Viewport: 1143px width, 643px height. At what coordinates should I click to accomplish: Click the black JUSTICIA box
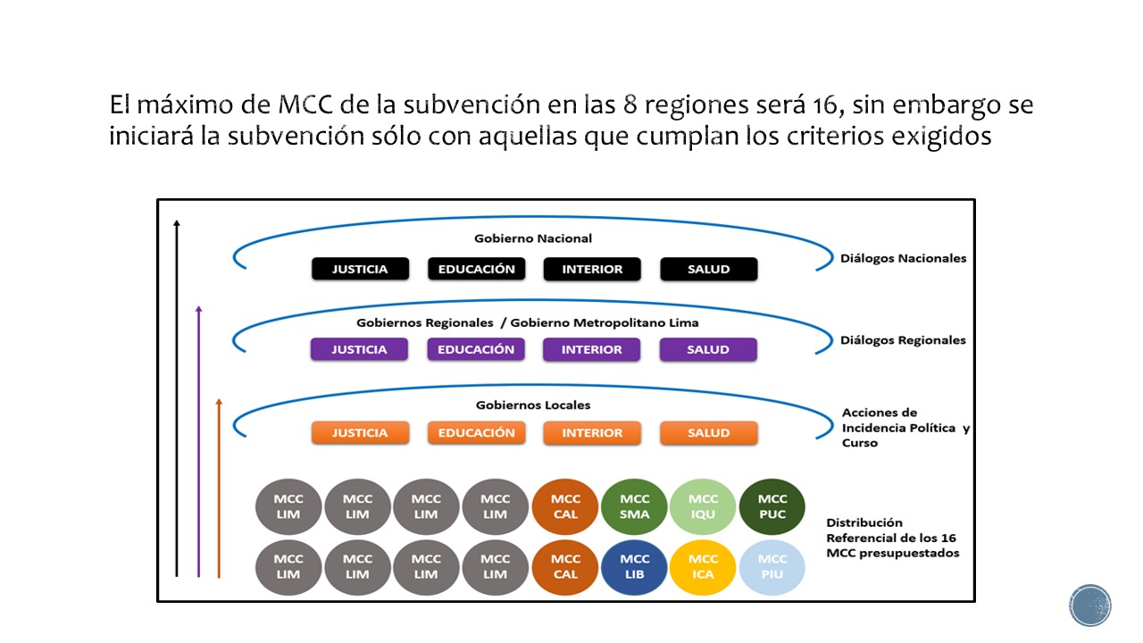360,269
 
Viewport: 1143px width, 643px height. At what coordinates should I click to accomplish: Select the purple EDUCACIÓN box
476,349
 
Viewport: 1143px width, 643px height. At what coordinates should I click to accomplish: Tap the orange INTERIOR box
592,433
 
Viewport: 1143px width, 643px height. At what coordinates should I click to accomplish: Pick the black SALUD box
708,269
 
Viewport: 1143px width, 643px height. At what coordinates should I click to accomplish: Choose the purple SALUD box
708,349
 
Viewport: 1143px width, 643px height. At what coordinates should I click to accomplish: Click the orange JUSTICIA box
360,433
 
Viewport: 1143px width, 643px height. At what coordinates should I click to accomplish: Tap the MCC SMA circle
635,506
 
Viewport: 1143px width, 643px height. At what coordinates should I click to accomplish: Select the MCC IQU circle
704,506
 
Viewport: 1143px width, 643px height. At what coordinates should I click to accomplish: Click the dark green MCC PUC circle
772,506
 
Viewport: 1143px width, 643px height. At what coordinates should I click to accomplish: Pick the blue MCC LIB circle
635,567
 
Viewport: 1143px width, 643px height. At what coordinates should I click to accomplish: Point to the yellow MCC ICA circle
704,567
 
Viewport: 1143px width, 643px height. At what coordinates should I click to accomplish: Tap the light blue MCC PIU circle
772,567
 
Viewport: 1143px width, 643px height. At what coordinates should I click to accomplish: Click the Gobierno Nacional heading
533,238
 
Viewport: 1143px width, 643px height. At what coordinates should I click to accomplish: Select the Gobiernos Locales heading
533,405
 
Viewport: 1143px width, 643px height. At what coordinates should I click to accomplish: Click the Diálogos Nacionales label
903,258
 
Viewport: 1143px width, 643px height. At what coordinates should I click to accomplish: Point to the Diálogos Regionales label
903,340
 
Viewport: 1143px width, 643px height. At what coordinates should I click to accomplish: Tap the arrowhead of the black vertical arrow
177,223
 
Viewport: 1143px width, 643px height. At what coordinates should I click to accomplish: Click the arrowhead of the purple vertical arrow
198,309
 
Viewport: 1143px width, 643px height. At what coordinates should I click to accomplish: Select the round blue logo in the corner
1090,605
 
